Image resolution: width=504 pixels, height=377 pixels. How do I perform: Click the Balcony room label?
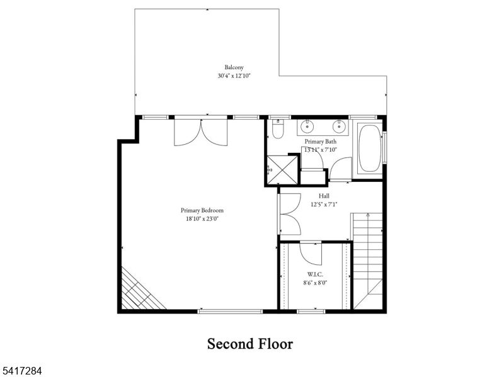234,67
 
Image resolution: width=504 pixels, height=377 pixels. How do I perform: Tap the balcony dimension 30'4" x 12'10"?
234,76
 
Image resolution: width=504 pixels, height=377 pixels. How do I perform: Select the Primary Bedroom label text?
202,210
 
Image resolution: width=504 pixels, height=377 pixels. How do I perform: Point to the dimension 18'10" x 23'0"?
202,219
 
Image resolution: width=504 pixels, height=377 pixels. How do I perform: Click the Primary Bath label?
320,142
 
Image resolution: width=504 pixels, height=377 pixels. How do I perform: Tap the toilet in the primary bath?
277,131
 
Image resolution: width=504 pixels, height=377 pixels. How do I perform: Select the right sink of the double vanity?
339,126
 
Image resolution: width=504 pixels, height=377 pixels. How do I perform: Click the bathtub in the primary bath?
369,150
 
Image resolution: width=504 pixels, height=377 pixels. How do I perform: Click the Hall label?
324,196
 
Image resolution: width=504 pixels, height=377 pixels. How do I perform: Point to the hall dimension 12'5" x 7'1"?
324,204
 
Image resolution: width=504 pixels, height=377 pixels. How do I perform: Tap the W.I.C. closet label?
315,274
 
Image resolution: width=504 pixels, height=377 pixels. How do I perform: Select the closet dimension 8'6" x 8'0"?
315,283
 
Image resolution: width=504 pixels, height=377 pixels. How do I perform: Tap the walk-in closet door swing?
311,252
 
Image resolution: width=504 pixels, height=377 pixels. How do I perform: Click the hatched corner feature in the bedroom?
139,291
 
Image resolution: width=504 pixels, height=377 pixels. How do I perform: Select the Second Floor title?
250,344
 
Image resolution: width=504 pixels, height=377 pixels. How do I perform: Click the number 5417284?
22,372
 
